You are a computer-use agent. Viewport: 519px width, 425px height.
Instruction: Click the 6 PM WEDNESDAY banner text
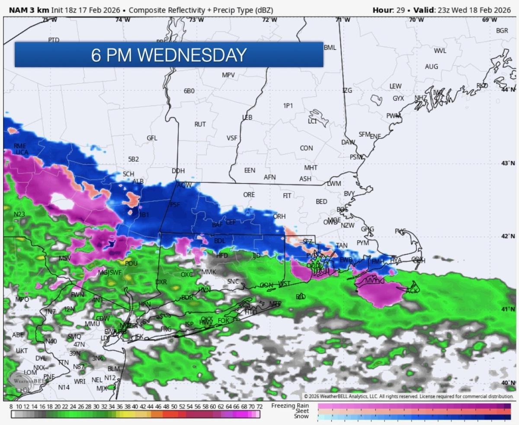coord(169,55)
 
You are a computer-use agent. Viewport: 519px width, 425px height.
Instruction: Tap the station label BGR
coord(502,31)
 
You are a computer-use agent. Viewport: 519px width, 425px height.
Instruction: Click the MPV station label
coord(228,75)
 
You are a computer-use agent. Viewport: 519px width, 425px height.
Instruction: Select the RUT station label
coord(200,124)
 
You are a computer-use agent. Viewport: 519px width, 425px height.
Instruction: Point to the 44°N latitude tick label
coord(508,89)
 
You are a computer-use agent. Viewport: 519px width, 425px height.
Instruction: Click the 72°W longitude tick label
coord(269,20)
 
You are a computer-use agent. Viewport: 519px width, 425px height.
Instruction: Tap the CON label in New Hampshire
coord(306,148)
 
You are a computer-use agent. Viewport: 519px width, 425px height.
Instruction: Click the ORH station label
coord(279,216)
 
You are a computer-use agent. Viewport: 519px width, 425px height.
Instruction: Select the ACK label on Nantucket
coord(412,291)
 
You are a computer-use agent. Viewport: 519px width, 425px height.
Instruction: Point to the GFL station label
coord(152,138)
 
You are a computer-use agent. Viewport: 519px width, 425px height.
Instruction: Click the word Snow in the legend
coord(301,416)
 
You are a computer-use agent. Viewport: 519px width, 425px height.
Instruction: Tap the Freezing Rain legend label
coord(290,406)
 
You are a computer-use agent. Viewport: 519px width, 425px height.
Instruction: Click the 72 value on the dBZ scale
coord(259,407)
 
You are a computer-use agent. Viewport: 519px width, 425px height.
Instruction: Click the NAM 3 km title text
coord(26,10)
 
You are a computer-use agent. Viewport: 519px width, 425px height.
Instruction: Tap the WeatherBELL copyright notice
coord(408,396)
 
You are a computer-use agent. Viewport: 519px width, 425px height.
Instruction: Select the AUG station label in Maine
coord(431,67)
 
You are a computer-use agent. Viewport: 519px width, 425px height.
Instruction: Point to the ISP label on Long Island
coord(189,324)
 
